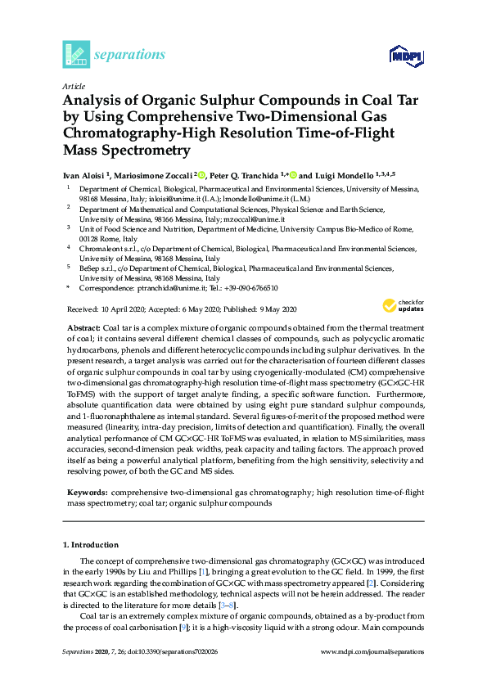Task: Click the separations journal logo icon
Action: point(76,54)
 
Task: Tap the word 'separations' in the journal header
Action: point(130,55)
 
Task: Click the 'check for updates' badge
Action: point(403,305)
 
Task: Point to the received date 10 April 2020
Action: point(123,309)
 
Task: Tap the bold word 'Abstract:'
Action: point(83,326)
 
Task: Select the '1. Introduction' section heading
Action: point(91,544)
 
